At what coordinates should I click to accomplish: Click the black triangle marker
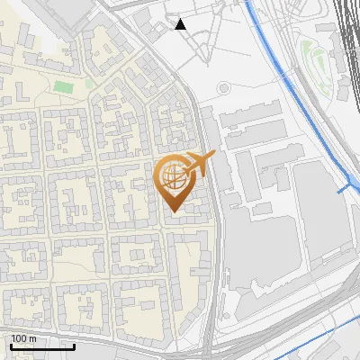(x=181, y=24)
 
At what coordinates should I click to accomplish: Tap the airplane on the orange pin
(x=201, y=164)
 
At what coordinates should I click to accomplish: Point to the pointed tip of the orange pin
(x=173, y=210)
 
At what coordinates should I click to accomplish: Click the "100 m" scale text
(x=24, y=338)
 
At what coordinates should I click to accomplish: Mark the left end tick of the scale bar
(x=11, y=346)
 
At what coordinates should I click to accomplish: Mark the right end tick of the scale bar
(x=75, y=346)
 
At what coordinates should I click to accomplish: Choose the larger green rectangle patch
(x=62, y=87)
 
